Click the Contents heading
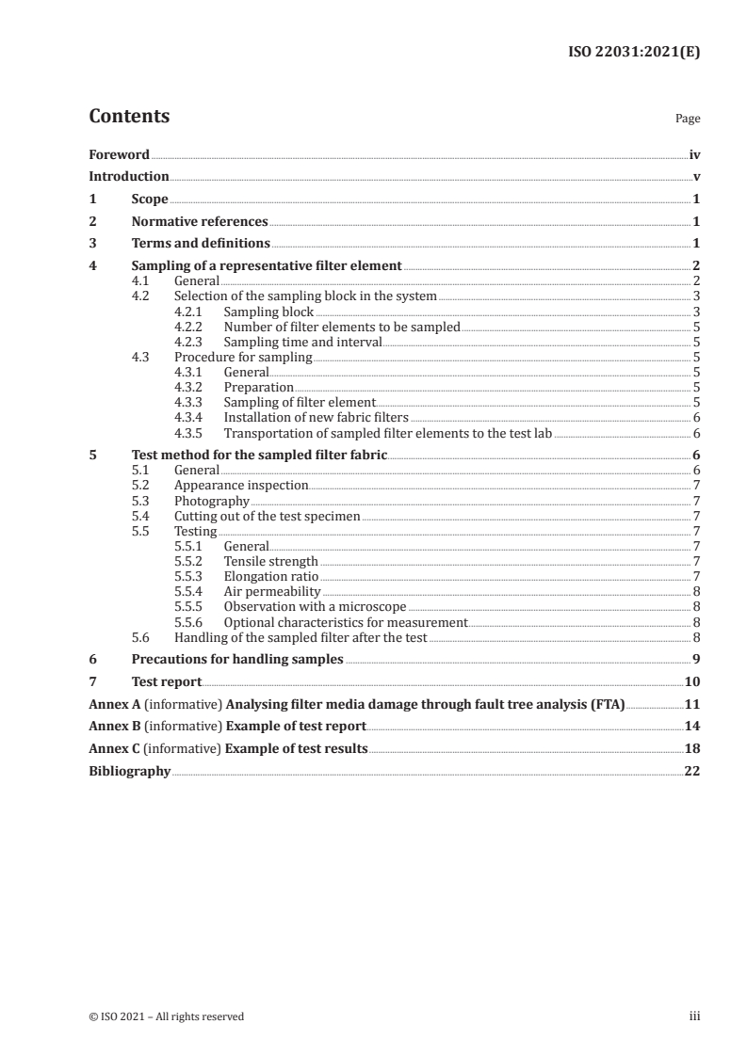pyautogui.click(x=129, y=117)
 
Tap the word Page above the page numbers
pyautogui.click(x=688, y=120)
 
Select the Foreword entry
pyautogui.click(x=119, y=154)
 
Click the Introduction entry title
pyautogui.click(x=129, y=176)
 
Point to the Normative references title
pyautogui.click(x=200, y=222)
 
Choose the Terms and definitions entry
pyautogui.click(x=201, y=244)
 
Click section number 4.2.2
pyautogui.click(x=189, y=328)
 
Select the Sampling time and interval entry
pyautogui.click(x=302, y=343)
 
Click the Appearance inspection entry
pyautogui.click(x=241, y=486)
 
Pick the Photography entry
pyautogui.click(x=212, y=502)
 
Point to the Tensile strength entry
pyautogui.click(x=270, y=562)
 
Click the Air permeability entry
pyautogui.click(x=272, y=592)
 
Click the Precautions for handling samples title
pyautogui.click(x=237, y=659)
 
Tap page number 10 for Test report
pyautogui.click(x=691, y=681)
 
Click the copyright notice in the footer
pyautogui.click(x=166, y=1016)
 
